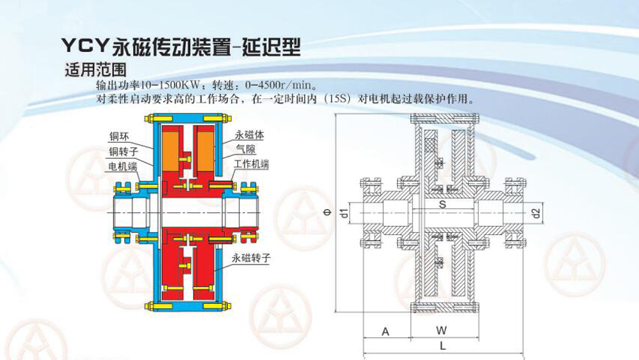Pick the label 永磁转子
pos(251,258)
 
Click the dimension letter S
pos(442,204)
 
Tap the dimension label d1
pos(345,214)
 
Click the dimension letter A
pos(385,332)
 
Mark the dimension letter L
pos(442,346)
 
